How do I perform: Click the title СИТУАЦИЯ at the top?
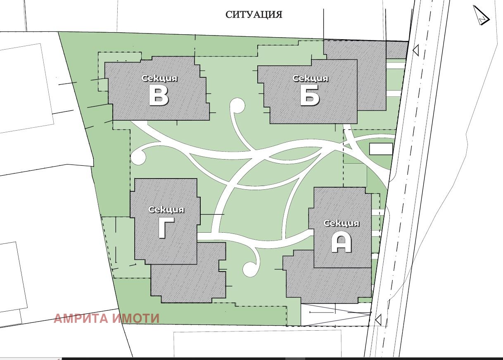[x=254, y=15]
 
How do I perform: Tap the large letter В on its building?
[x=159, y=97]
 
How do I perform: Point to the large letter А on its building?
[x=342, y=243]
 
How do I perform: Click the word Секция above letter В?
[x=159, y=78]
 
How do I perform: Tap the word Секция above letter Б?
[x=311, y=78]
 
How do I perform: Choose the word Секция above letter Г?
[x=166, y=210]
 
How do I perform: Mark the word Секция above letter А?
[x=342, y=224]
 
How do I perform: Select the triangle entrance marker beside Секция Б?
[x=415, y=51]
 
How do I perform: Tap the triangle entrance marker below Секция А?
[x=378, y=319]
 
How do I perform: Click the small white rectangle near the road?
[x=381, y=149]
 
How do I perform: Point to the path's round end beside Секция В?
[x=138, y=157]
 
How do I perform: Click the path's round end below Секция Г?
[x=250, y=269]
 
